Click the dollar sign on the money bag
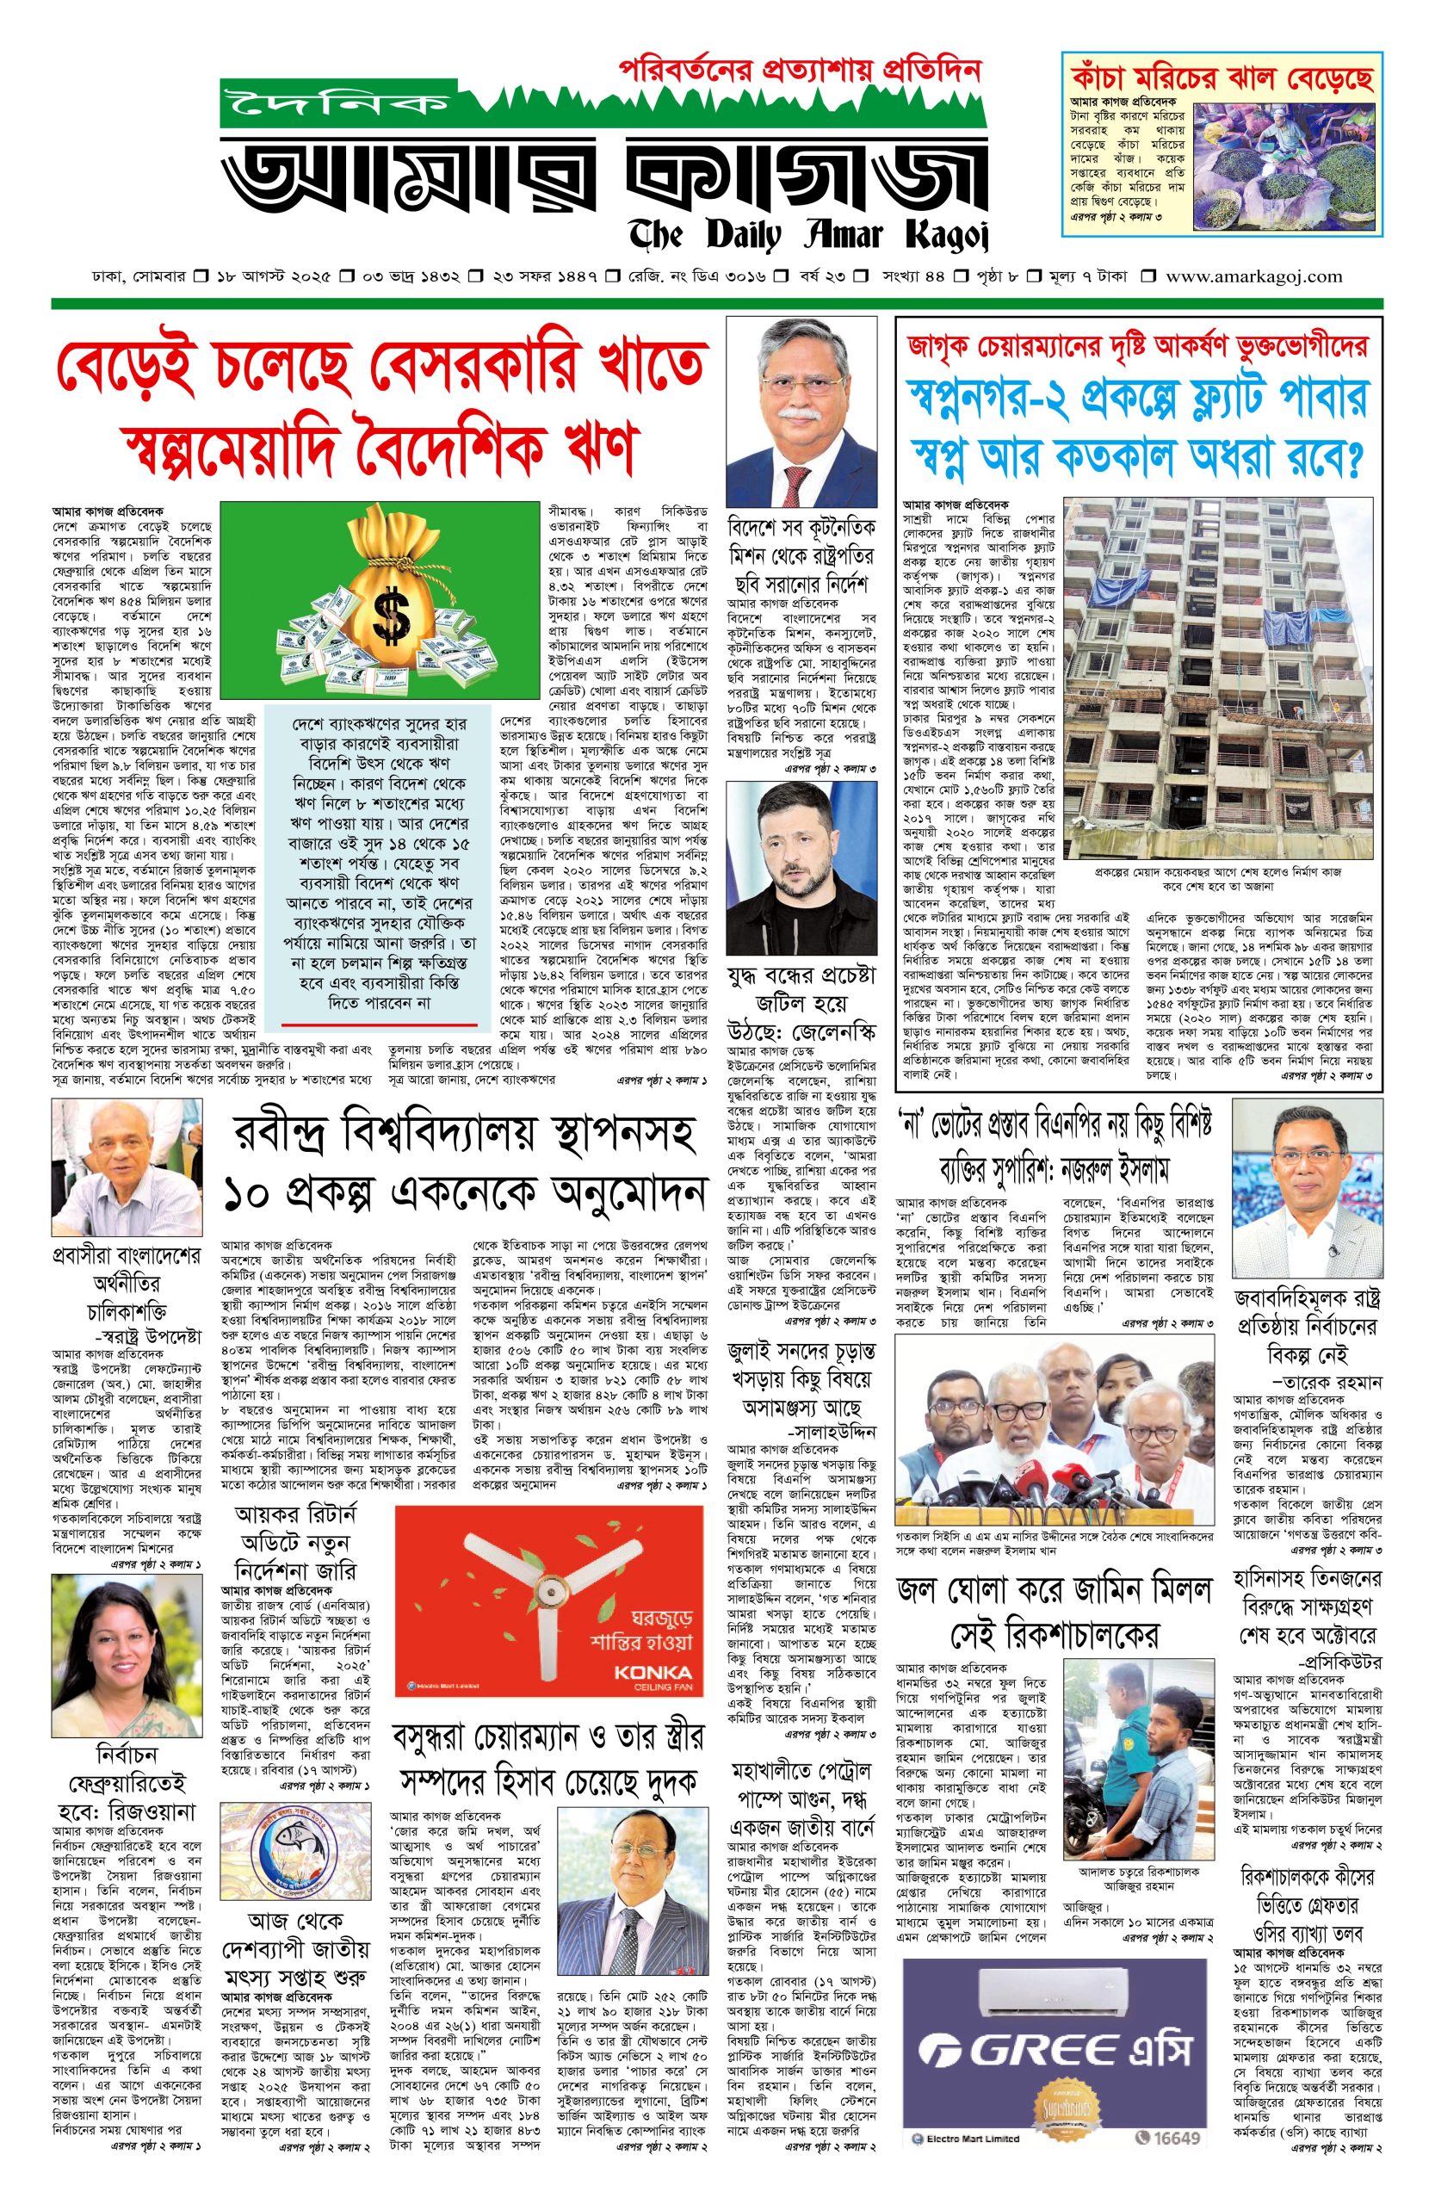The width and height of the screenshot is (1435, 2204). [379, 609]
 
